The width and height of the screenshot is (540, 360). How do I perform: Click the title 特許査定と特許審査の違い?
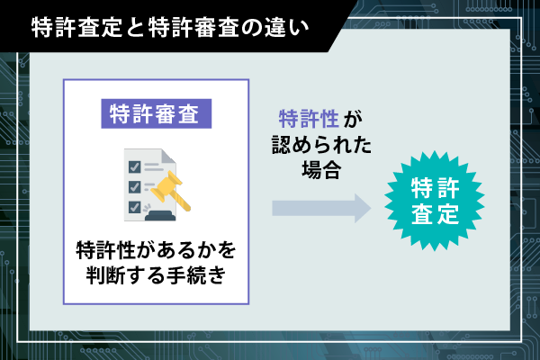pyautogui.click(x=170, y=28)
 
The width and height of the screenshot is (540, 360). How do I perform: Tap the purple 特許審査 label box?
pyautogui.click(x=157, y=113)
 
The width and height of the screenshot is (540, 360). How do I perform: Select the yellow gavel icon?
pyautogui.click(x=170, y=191)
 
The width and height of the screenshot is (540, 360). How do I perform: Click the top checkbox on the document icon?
pyautogui.click(x=134, y=166)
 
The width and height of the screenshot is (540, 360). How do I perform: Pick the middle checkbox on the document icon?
pyautogui.click(x=134, y=186)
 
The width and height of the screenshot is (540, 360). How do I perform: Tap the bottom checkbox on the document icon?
pyautogui.click(x=134, y=207)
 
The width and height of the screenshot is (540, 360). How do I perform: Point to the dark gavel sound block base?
pyautogui.click(x=160, y=216)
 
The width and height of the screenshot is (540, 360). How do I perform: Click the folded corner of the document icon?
pyautogui.click(x=168, y=156)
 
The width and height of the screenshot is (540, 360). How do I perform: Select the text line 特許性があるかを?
pyautogui.click(x=156, y=250)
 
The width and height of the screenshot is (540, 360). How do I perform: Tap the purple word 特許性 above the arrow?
pyautogui.click(x=309, y=119)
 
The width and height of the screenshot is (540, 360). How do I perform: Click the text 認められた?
pyautogui.click(x=321, y=144)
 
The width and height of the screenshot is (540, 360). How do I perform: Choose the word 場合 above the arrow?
pyautogui.click(x=321, y=169)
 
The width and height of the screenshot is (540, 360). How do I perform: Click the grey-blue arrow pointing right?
pyautogui.click(x=321, y=208)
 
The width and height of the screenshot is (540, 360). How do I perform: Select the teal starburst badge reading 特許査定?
pyautogui.click(x=435, y=201)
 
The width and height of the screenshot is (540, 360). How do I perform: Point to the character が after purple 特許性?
pyautogui.click(x=353, y=119)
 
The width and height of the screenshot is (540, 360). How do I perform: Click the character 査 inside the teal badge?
pyautogui.click(x=422, y=214)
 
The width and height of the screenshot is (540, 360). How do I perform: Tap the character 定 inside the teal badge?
pyautogui.click(x=447, y=214)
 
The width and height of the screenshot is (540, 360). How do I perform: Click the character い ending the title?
pyautogui.click(x=299, y=28)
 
